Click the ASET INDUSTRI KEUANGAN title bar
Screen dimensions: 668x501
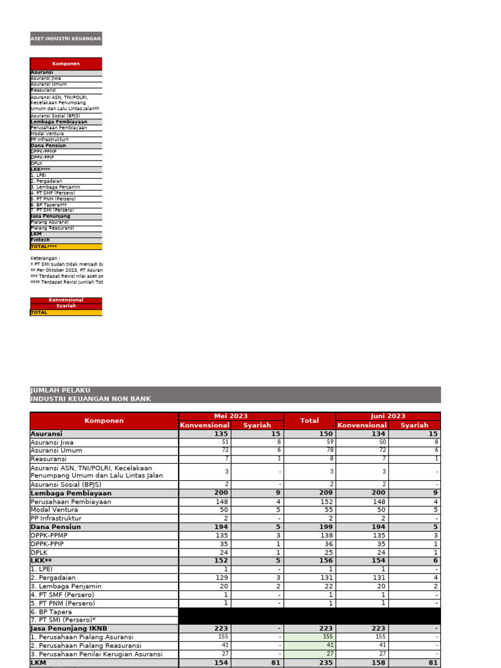tap(66, 38)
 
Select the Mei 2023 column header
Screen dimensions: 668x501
tap(231, 416)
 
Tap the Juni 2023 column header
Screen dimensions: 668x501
tap(387, 416)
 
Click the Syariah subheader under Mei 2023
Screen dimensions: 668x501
tap(257, 425)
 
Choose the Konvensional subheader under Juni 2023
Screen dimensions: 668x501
tap(362, 425)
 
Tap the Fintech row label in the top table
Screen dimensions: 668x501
tap(40, 240)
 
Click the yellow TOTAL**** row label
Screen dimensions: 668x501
tap(44, 247)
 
